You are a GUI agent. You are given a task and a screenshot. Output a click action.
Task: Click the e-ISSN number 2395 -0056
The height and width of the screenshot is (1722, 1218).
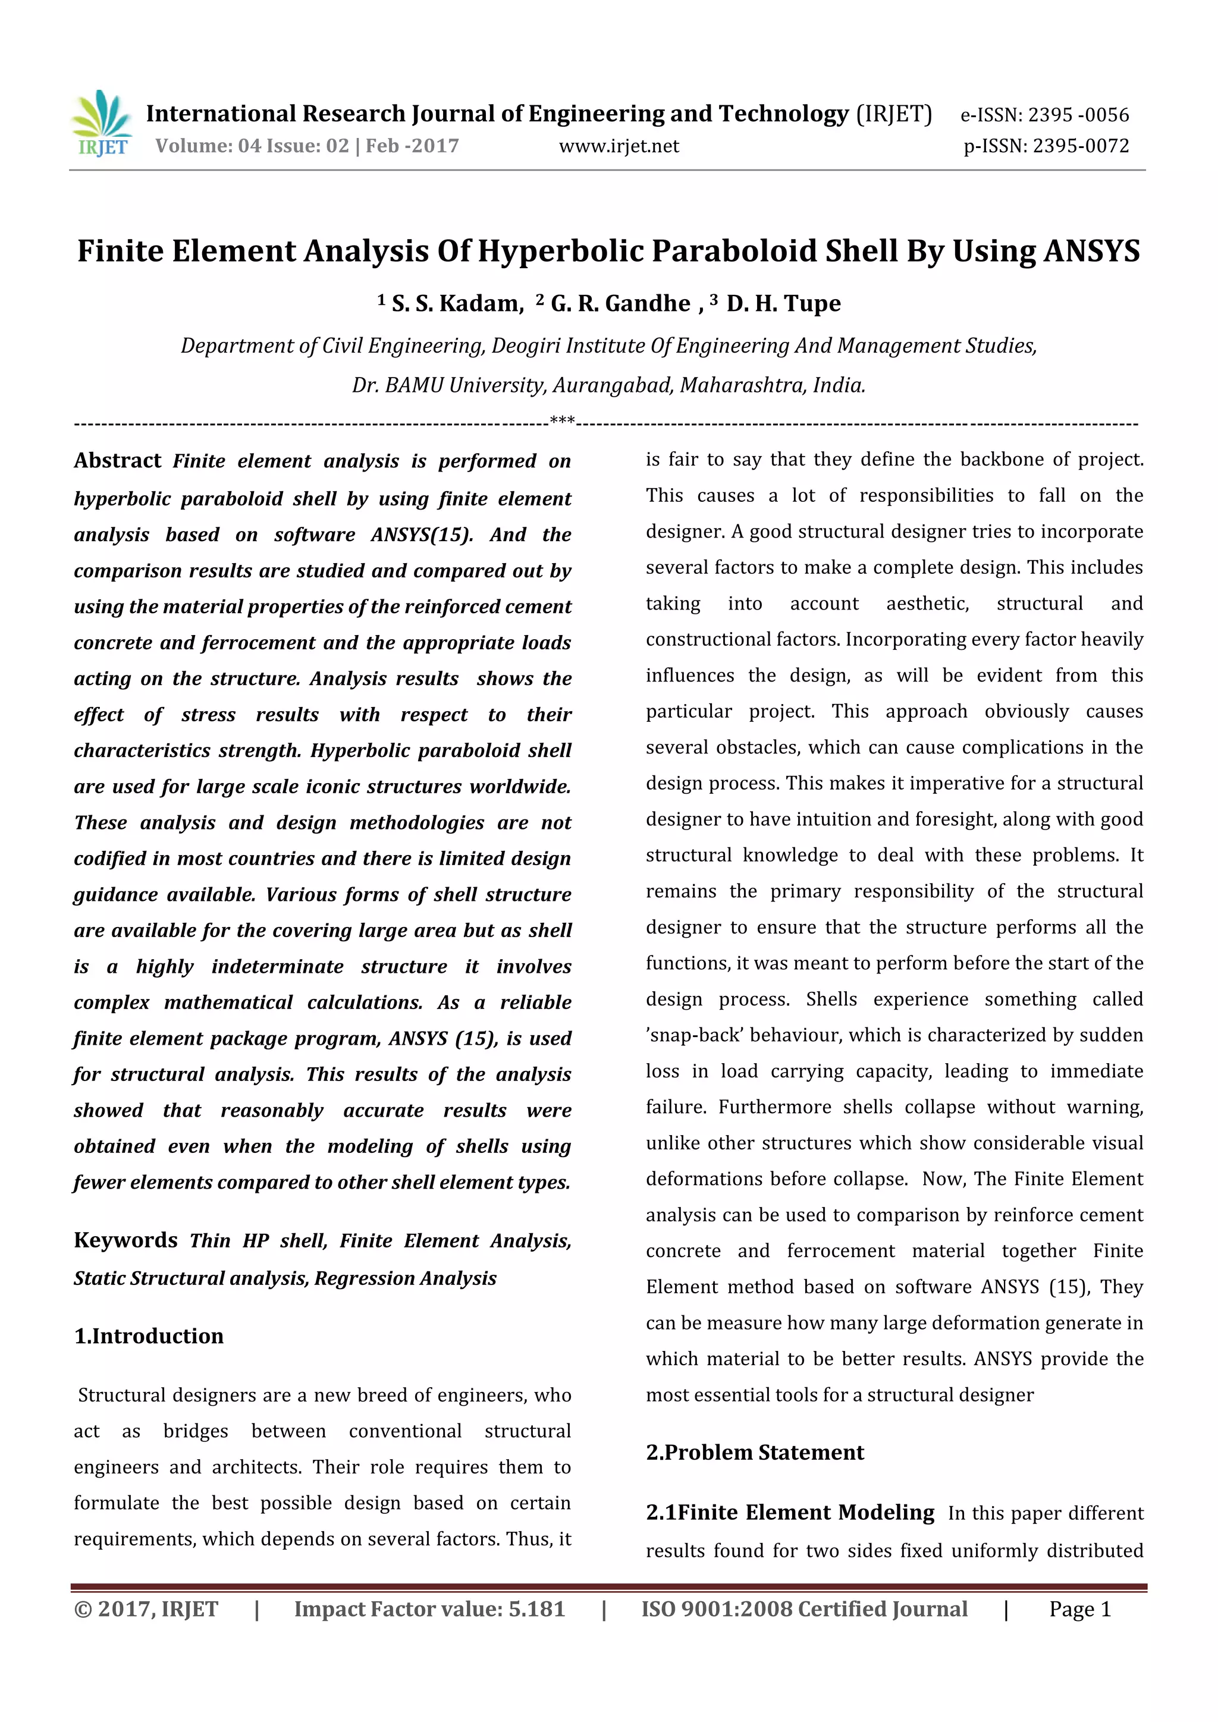(1078, 115)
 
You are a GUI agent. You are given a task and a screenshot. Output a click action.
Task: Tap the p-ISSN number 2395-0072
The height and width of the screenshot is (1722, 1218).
(1081, 146)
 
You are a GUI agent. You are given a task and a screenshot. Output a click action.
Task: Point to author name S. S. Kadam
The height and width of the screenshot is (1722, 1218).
(457, 304)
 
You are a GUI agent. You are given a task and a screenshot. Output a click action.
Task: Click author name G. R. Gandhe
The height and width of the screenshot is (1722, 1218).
(620, 304)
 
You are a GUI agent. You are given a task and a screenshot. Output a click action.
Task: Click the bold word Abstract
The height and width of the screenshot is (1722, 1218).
(117, 460)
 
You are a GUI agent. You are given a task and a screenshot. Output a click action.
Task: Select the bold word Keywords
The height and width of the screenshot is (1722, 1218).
(125, 1240)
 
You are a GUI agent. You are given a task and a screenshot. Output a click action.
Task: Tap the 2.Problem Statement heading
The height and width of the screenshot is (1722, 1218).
(755, 1452)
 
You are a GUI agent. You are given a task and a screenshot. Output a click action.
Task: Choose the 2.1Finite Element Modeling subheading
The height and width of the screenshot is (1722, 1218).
(790, 1512)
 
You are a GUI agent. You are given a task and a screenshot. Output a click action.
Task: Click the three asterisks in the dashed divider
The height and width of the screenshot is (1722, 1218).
(562, 421)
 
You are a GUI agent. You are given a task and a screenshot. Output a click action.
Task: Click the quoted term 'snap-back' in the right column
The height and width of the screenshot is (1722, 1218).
(694, 1035)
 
